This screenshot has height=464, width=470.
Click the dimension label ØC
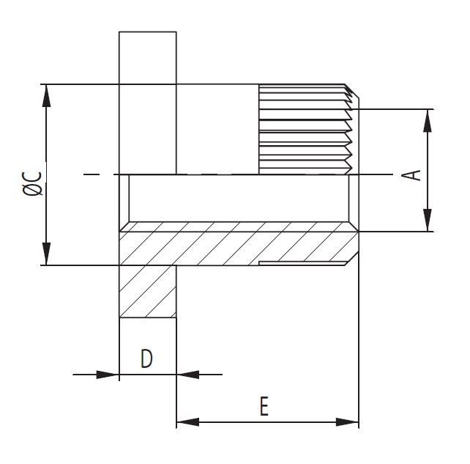32,183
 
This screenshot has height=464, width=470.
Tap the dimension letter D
146,358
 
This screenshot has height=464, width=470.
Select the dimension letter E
264,406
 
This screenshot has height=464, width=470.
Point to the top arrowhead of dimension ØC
46,95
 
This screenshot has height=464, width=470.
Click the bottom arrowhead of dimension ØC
46,254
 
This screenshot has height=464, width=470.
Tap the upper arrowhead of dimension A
428,120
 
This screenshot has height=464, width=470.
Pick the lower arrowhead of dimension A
428,220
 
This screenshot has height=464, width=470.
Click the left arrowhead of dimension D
108,375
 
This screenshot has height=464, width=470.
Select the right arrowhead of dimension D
188,375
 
